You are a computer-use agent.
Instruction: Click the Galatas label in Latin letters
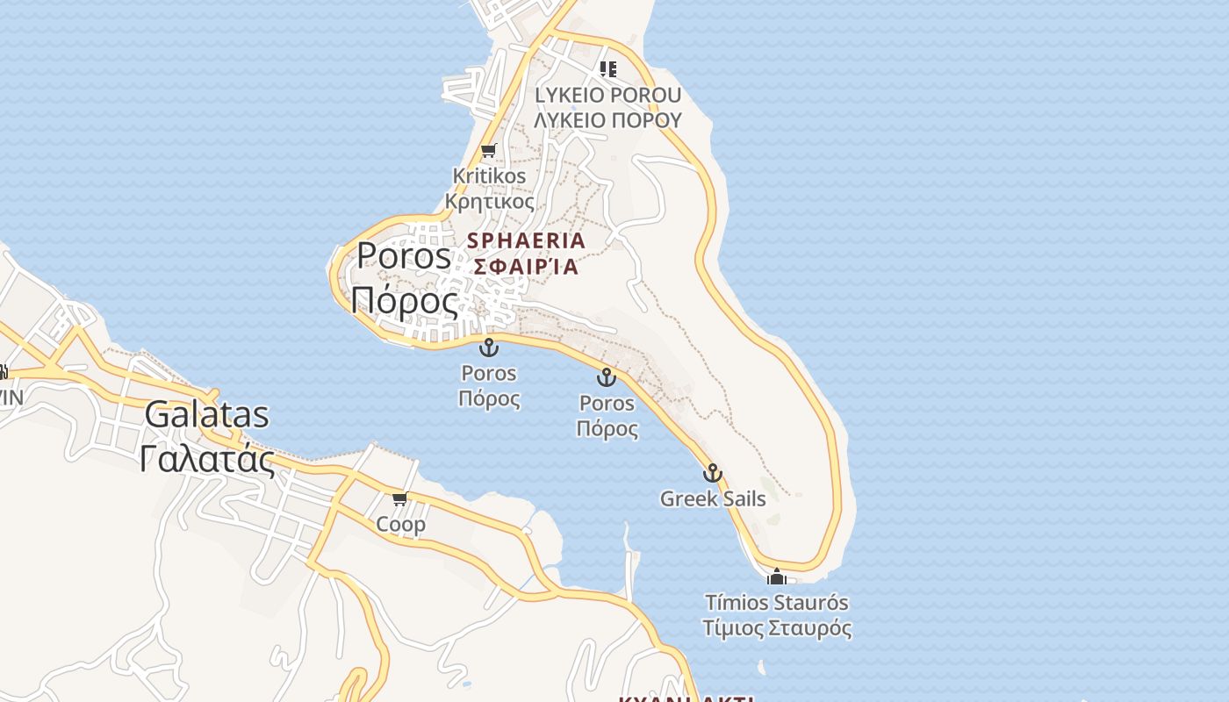point(206,414)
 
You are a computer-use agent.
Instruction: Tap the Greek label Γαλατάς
point(206,458)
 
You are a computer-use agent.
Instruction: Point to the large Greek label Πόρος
point(405,301)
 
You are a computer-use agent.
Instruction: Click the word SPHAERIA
point(526,240)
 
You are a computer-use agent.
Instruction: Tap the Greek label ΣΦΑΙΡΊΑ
point(526,266)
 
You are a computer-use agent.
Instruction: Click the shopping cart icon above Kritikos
point(489,150)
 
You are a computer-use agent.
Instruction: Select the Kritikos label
point(489,175)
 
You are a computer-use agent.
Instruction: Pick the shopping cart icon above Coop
point(400,498)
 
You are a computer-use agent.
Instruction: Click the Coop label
point(400,525)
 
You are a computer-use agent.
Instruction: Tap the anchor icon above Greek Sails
point(713,473)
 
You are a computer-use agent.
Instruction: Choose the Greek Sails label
point(713,499)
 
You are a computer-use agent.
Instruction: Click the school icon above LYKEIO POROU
point(607,68)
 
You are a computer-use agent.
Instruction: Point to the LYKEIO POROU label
point(607,95)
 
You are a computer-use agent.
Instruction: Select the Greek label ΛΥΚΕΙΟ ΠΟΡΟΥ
point(607,120)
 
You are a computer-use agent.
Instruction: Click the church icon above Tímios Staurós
point(776,577)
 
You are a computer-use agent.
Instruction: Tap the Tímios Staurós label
point(777,603)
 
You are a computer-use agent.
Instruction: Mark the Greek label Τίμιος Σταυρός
point(777,629)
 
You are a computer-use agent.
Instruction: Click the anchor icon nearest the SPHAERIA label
point(489,347)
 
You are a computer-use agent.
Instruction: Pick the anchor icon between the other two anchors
point(606,377)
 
